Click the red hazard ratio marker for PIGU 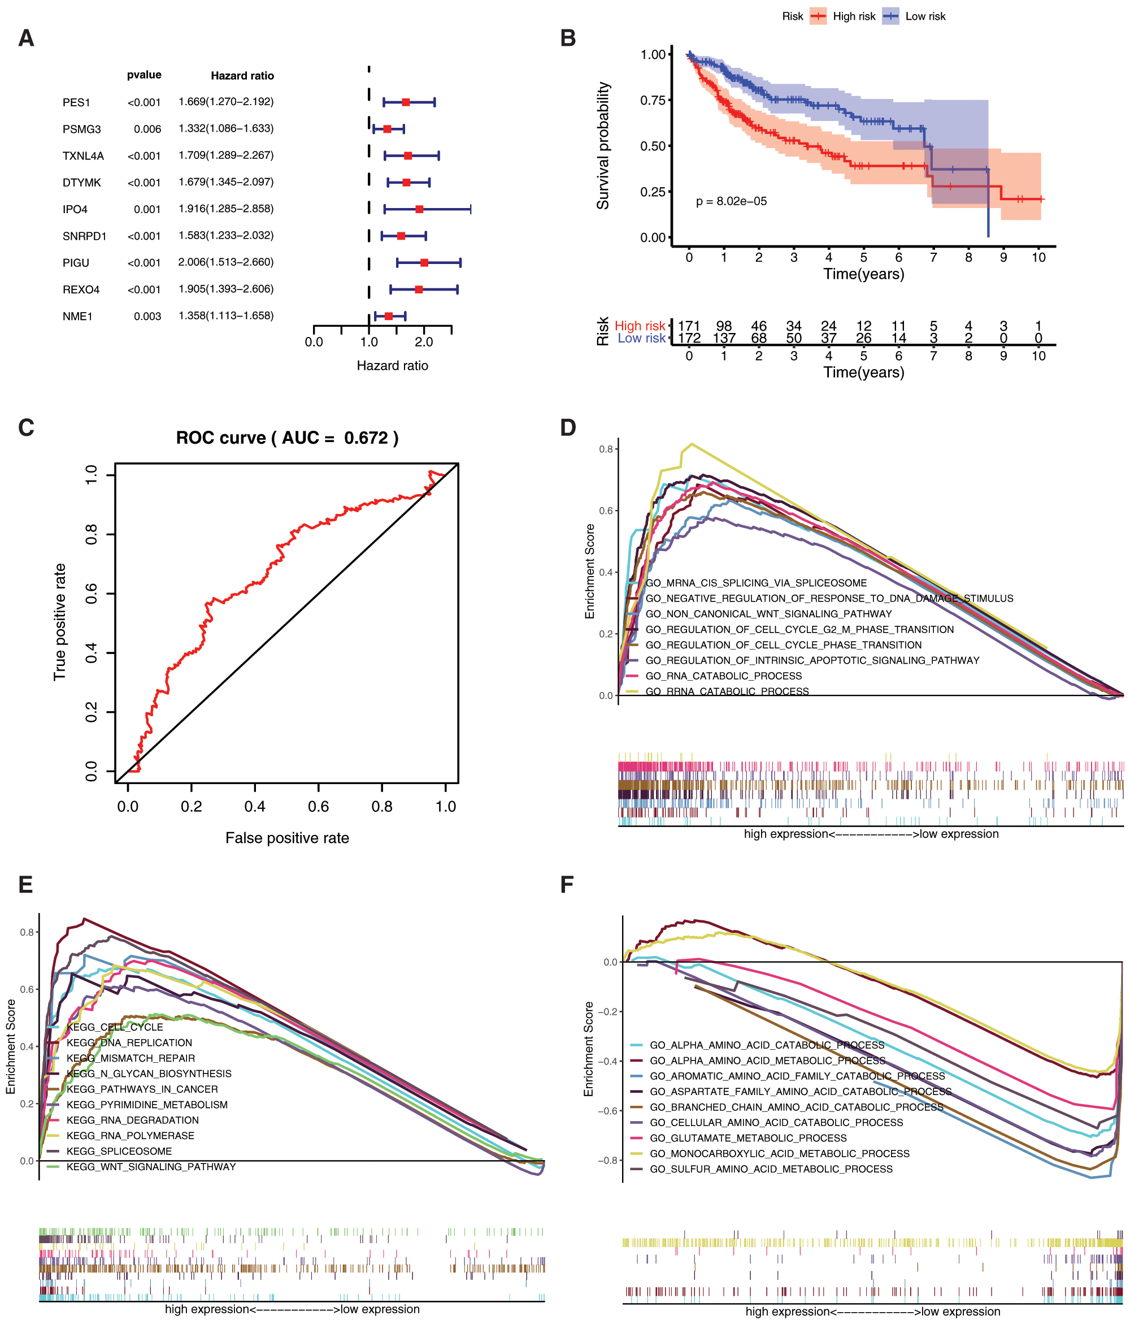[x=424, y=263]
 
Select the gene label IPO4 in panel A [x=75, y=210]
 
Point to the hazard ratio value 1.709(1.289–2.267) [x=226, y=155]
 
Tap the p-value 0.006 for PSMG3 [x=147, y=129]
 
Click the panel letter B [x=568, y=38]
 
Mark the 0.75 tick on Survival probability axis [x=653, y=100]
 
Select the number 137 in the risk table [x=724, y=338]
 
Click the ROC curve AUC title [x=287, y=438]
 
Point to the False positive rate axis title [x=287, y=838]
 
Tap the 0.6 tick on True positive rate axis [x=92, y=594]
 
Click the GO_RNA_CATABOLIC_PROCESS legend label [x=723, y=676]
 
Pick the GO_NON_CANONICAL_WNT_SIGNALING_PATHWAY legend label [x=768, y=614]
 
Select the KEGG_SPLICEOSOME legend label [x=119, y=1151]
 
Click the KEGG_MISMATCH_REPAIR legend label [x=131, y=1058]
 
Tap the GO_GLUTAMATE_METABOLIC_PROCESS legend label [x=748, y=1138]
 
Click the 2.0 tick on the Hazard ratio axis [x=424, y=342]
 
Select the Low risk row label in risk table [x=641, y=338]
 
